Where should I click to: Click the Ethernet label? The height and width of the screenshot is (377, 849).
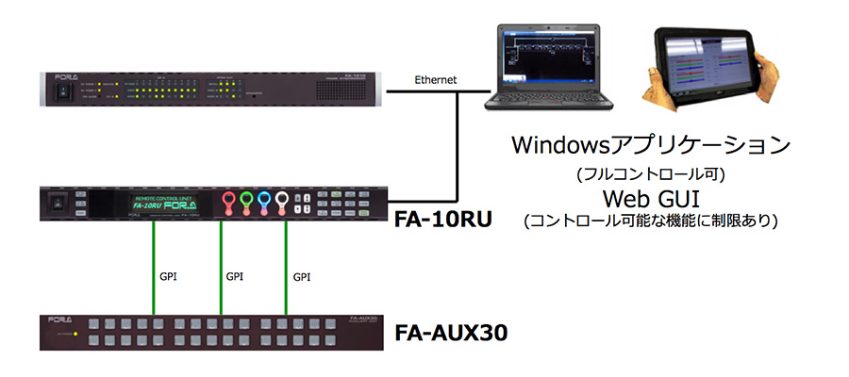436,81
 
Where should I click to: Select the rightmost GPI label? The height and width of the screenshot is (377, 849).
302,277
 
